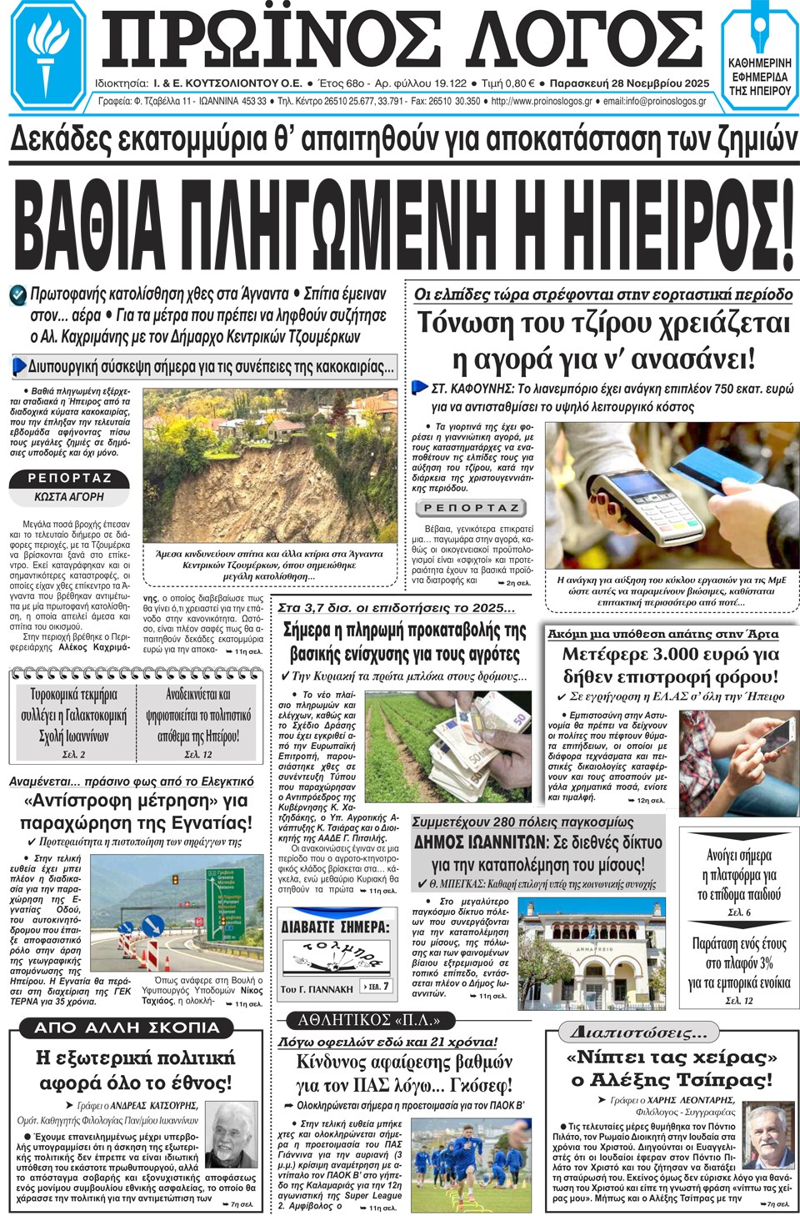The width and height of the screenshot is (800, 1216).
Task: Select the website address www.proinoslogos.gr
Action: point(542,102)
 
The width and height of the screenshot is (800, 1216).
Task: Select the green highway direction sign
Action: point(224,906)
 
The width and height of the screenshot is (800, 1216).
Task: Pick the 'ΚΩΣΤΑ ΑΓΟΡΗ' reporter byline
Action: point(69,497)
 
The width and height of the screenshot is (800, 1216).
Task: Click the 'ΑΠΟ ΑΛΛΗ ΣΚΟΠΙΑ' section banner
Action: point(127,1028)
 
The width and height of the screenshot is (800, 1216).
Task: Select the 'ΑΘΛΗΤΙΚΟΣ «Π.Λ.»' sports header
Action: point(368,1020)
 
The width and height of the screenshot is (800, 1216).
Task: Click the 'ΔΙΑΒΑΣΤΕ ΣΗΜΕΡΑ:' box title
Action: point(335,927)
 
